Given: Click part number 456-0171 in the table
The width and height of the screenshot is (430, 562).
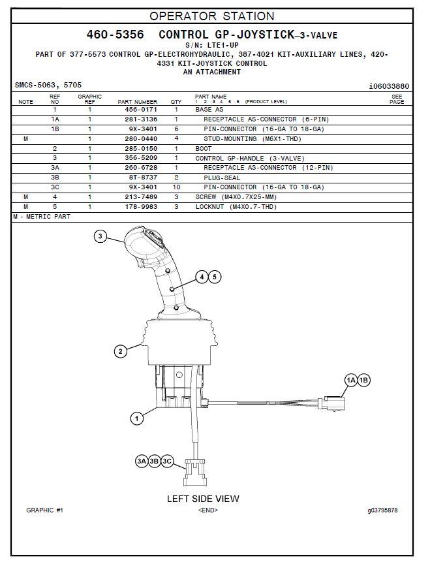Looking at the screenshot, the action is (x=141, y=109).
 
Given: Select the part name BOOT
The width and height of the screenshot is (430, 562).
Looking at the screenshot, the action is (x=204, y=148).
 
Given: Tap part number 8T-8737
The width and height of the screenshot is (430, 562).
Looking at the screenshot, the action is (x=143, y=178).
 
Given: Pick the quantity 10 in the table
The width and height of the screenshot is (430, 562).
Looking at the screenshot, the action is (x=176, y=187).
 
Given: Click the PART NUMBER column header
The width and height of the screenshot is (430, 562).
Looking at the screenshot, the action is (x=137, y=102).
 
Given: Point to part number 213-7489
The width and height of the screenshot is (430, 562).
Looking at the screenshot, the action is (x=141, y=196).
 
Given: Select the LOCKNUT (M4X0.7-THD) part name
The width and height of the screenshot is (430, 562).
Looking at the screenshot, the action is (x=236, y=207).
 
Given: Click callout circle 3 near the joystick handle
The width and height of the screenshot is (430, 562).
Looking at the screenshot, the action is (x=100, y=236).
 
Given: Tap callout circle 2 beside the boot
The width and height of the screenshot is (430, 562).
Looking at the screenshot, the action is (x=121, y=351).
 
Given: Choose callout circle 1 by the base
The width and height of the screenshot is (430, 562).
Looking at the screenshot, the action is (x=136, y=418).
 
